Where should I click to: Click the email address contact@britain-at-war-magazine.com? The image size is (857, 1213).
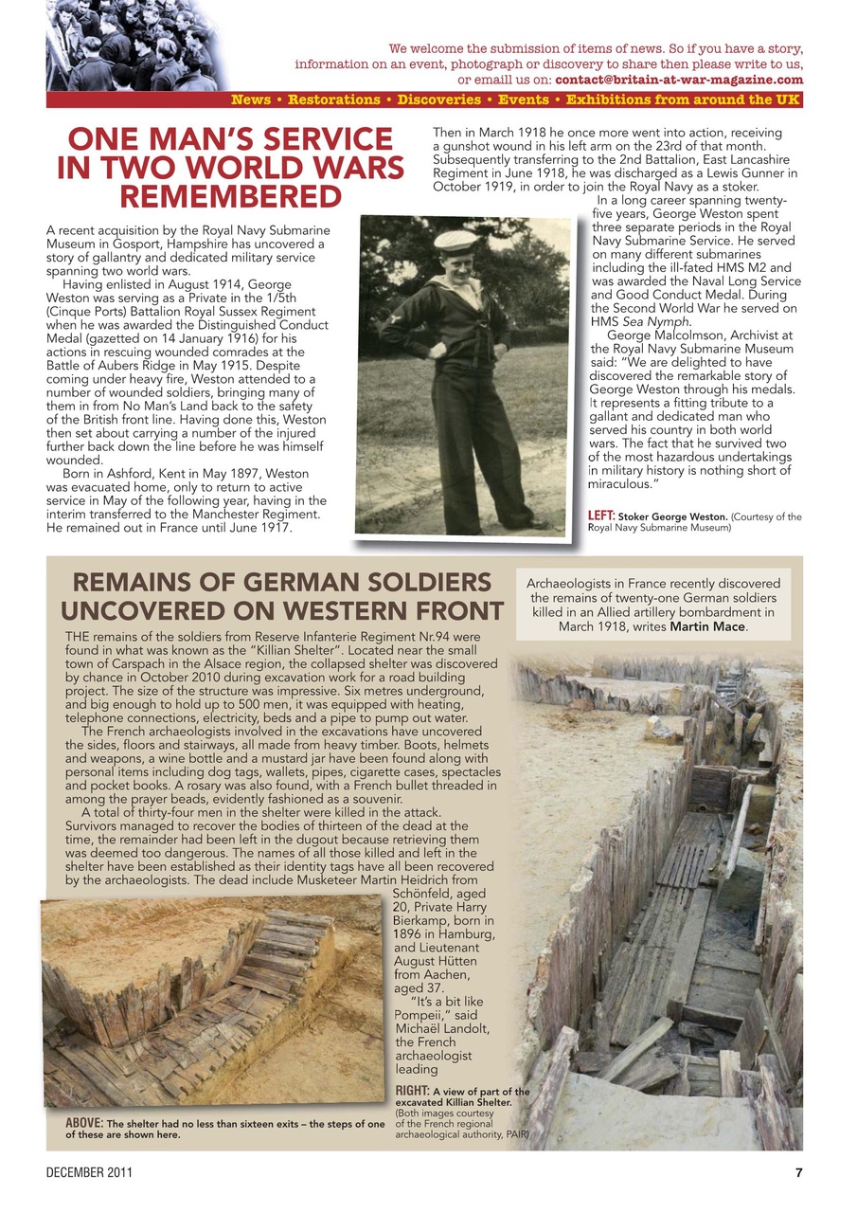pyautogui.click(x=678, y=80)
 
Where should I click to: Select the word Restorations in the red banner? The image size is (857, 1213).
pyautogui.click(x=334, y=100)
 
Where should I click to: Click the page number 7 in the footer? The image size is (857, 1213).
pyautogui.click(x=798, y=1172)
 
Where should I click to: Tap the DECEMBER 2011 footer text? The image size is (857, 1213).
pyautogui.click(x=90, y=1172)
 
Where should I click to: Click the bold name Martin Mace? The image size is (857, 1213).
pyautogui.click(x=707, y=626)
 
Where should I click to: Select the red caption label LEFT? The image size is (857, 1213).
pyautogui.click(x=601, y=516)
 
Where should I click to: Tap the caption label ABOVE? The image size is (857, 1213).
pyautogui.click(x=84, y=1124)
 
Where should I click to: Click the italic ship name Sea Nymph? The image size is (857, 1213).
pyautogui.click(x=645, y=321)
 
